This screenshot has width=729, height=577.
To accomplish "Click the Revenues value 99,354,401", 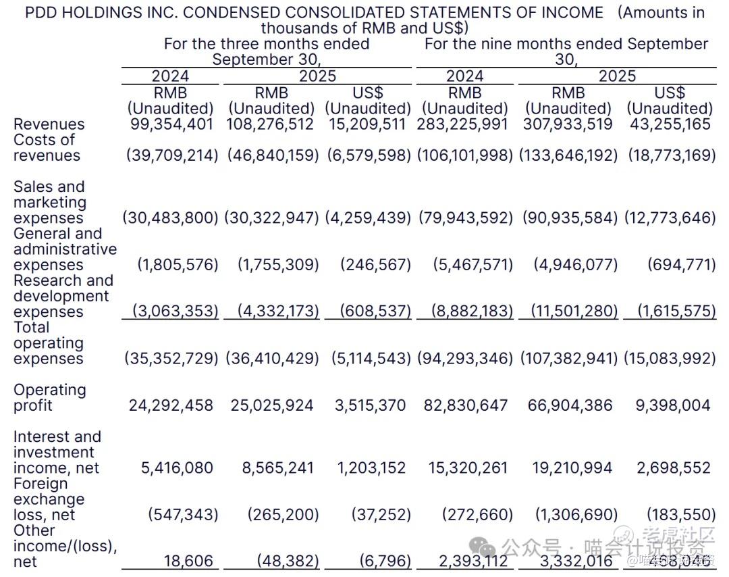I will click(171, 124).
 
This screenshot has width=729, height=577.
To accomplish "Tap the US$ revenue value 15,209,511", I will click(368, 124).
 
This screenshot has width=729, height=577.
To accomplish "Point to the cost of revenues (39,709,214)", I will click(172, 155).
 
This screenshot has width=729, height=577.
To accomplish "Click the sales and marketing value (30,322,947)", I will click(272, 218).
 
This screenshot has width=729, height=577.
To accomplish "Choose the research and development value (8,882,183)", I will click(465, 311).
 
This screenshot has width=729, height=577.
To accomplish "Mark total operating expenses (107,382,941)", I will click(568, 358).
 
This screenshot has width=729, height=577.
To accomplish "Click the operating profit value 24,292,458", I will click(171, 405).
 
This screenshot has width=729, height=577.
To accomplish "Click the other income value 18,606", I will click(188, 561).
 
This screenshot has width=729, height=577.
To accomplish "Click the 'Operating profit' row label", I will click(49, 398).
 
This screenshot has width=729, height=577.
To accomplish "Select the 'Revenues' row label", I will click(49, 124).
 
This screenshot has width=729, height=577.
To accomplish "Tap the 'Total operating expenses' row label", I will click(49, 343).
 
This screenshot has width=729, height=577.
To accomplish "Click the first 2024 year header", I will click(170, 76).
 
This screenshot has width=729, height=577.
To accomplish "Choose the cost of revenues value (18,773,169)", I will click(672, 155).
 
